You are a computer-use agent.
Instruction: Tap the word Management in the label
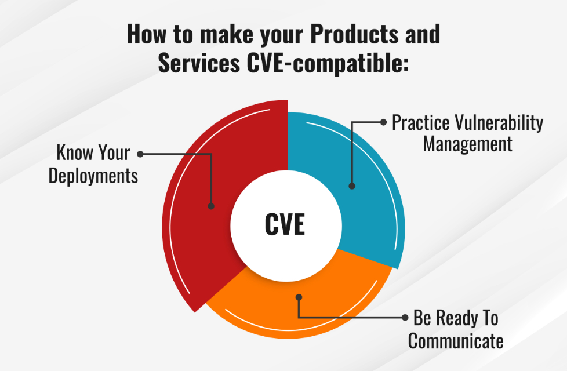(x=467, y=143)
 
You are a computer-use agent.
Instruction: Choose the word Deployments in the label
(x=93, y=175)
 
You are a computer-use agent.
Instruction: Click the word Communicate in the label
(x=456, y=341)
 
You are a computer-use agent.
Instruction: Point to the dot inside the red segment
(x=211, y=206)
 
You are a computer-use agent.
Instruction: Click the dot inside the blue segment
(x=351, y=186)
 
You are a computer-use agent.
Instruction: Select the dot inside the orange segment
(x=299, y=297)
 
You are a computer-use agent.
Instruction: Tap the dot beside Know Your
(x=140, y=154)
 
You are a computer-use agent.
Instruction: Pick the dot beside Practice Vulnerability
(x=383, y=122)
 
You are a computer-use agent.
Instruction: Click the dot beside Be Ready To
(x=404, y=318)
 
